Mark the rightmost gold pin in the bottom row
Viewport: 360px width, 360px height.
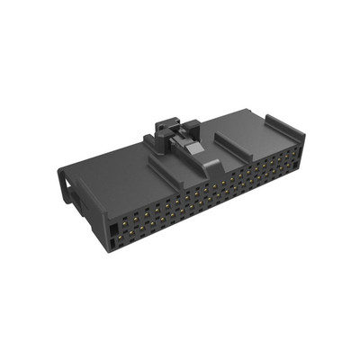coord(293,171)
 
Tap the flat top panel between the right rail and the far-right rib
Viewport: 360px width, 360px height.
coord(261,135)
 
